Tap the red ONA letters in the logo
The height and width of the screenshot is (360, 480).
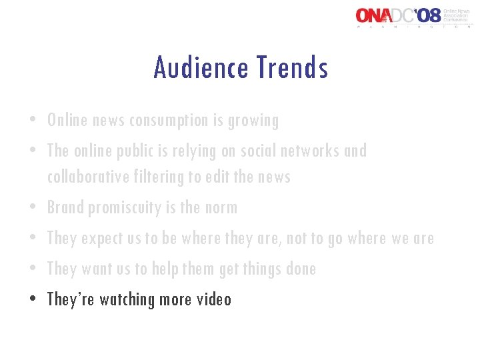pyautogui.click(x=375, y=15)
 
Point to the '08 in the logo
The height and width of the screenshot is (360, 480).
pyautogui.click(x=427, y=15)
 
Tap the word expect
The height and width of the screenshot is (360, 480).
pyautogui.click(x=99, y=239)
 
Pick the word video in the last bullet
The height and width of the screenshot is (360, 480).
pyautogui.click(x=214, y=299)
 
